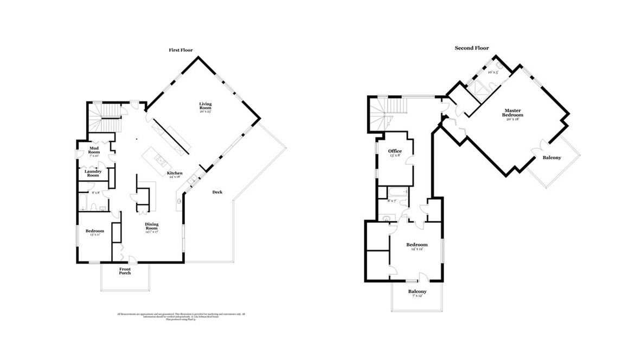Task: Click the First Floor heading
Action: (x=181, y=50)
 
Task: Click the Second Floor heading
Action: (x=471, y=48)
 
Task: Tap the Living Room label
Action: (x=205, y=106)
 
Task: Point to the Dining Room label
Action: (x=151, y=227)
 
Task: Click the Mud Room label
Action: (x=94, y=149)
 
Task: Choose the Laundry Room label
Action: (x=93, y=173)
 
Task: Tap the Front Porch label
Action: (x=125, y=271)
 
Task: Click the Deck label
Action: (x=217, y=192)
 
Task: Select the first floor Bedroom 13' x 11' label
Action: (x=94, y=232)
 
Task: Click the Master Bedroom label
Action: (x=512, y=114)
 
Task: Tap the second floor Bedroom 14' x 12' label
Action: (x=417, y=246)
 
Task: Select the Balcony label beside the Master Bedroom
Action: (x=552, y=158)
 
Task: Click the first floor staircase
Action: (x=104, y=116)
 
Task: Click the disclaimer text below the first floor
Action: (x=181, y=316)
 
